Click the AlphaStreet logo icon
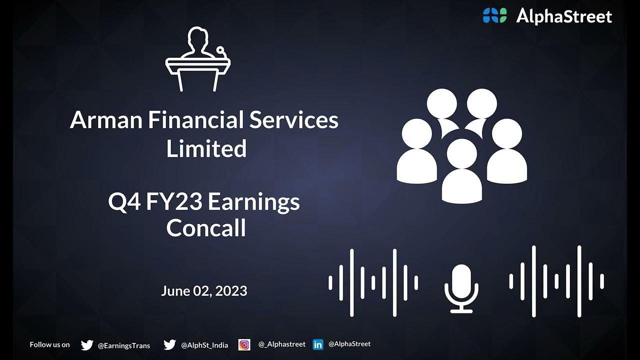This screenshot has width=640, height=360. (494, 16)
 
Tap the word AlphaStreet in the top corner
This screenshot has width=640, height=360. (564, 16)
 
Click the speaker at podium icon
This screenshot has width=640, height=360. (198, 59)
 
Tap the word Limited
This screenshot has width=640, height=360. (206, 148)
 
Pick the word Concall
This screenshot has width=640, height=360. (206, 228)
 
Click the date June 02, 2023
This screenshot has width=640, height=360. (204, 291)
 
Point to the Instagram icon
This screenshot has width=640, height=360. (244, 344)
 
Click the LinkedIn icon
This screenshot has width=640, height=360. (317, 344)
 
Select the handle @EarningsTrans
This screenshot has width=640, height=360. (124, 345)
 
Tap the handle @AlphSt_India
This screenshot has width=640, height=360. (204, 345)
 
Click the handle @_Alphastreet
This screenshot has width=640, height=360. (281, 344)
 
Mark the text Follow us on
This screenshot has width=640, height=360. (49, 344)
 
